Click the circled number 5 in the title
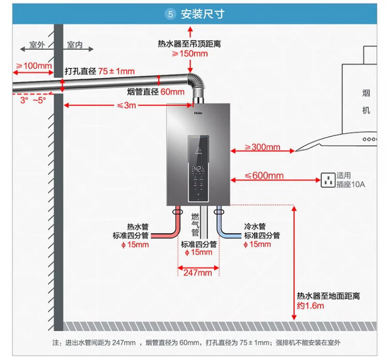click(171, 14)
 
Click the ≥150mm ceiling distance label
click(190, 53)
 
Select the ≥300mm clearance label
click(262, 147)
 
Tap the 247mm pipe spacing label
click(198, 272)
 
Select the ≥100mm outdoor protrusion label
click(34, 66)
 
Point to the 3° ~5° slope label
click(33, 99)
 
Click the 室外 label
click(37, 45)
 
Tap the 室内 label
click(75, 45)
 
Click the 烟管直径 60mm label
click(156, 92)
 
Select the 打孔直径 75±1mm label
click(99, 71)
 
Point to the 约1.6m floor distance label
click(310, 306)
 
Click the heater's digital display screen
click(199, 169)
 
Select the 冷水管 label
click(255, 227)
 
